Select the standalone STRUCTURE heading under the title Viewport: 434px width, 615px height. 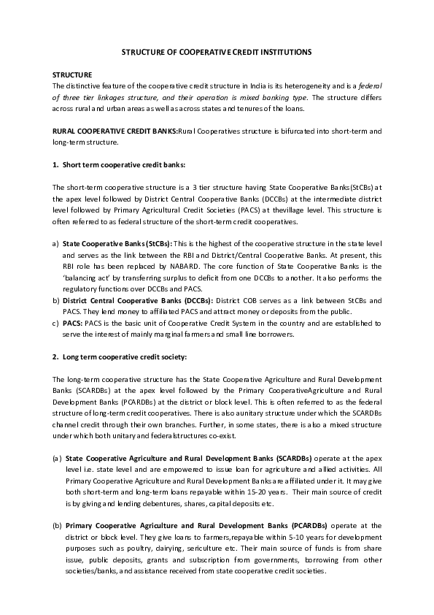[x=72, y=75]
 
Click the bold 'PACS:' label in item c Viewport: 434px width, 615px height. [x=73, y=323]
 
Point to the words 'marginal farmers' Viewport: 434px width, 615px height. [x=185, y=334]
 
